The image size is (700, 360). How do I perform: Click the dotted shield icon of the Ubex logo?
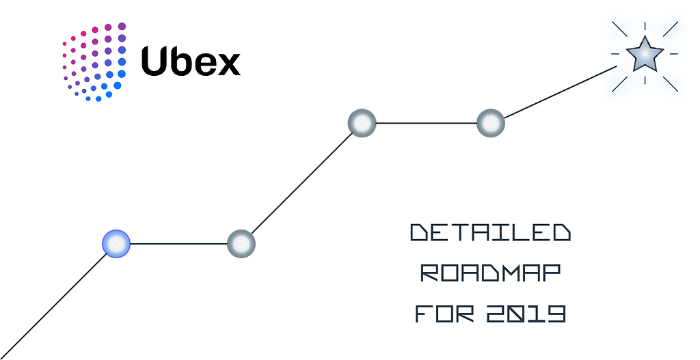(x=94, y=61)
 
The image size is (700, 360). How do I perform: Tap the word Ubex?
(x=191, y=61)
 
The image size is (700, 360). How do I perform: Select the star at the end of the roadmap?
(x=645, y=55)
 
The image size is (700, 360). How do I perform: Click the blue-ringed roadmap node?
(x=116, y=243)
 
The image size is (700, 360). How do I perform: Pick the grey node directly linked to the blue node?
(x=241, y=243)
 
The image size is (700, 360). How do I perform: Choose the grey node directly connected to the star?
(x=490, y=123)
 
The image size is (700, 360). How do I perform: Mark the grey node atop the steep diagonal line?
(x=362, y=123)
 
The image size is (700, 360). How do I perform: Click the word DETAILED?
(x=490, y=234)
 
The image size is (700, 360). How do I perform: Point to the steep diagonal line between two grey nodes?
(x=301, y=183)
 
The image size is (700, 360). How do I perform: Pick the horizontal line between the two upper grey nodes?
(x=426, y=123)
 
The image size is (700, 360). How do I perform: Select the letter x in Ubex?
(x=228, y=65)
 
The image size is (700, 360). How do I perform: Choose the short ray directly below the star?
(x=645, y=81)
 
